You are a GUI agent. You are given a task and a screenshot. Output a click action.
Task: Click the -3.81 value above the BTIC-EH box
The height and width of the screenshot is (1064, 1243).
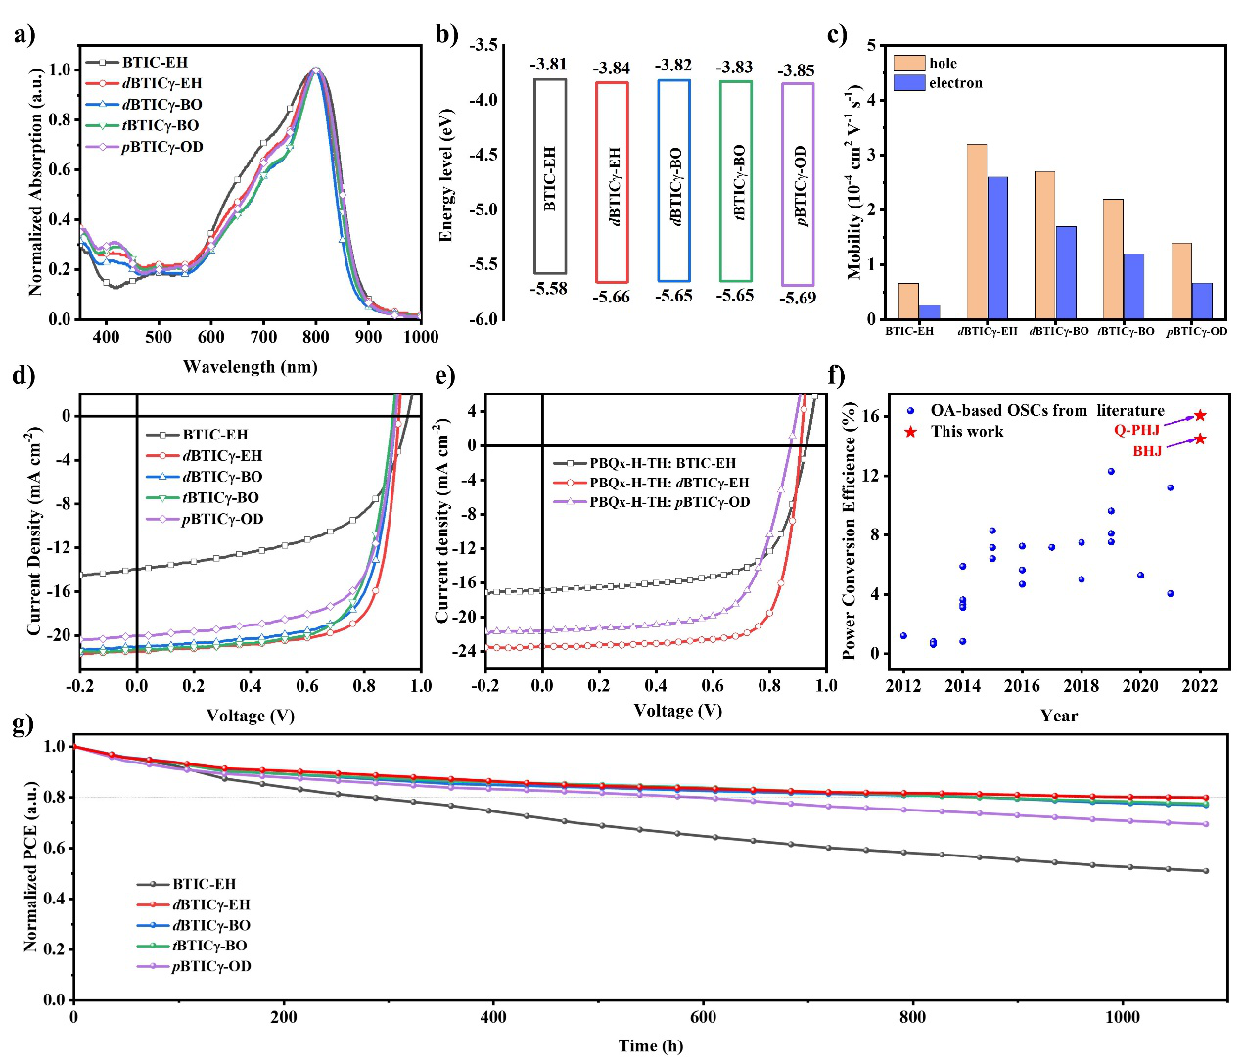[x=548, y=65]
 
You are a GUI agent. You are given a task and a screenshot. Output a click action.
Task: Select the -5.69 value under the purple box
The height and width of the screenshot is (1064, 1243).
[x=797, y=298]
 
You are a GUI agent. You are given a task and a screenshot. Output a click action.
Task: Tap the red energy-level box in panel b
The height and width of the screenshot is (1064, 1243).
[x=612, y=182]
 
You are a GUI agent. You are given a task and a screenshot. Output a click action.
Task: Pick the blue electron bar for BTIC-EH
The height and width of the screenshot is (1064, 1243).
[x=929, y=312]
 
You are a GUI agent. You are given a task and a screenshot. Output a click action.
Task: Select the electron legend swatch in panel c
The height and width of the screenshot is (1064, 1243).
[x=909, y=83]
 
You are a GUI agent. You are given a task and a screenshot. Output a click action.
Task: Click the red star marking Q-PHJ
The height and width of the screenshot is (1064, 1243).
[x=1200, y=416]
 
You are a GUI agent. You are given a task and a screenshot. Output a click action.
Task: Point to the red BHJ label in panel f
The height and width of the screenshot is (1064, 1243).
[x=1147, y=451]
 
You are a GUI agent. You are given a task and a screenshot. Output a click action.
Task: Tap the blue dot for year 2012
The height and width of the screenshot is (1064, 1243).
[x=903, y=636]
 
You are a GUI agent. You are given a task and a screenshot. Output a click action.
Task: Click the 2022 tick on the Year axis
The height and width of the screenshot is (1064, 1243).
[x=1200, y=686]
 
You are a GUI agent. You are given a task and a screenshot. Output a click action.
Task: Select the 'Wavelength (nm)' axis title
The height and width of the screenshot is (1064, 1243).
[x=250, y=367]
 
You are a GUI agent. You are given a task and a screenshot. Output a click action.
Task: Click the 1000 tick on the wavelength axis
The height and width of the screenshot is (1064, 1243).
[x=421, y=337]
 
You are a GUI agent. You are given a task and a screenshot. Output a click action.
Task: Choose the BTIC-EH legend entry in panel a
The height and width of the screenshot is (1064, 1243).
[x=155, y=62]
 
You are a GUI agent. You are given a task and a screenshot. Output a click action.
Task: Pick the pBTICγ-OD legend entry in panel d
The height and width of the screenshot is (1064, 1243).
[x=222, y=519]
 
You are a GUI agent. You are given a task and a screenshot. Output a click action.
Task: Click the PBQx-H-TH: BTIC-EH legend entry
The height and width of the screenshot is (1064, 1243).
[x=662, y=463]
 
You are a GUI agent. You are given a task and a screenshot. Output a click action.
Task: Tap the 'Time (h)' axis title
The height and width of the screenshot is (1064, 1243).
[x=651, y=1045]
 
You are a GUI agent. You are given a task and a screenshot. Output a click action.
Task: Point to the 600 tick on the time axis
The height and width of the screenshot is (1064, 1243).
[x=703, y=1017]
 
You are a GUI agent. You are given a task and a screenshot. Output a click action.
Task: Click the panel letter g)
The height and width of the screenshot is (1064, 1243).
[x=23, y=725]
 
